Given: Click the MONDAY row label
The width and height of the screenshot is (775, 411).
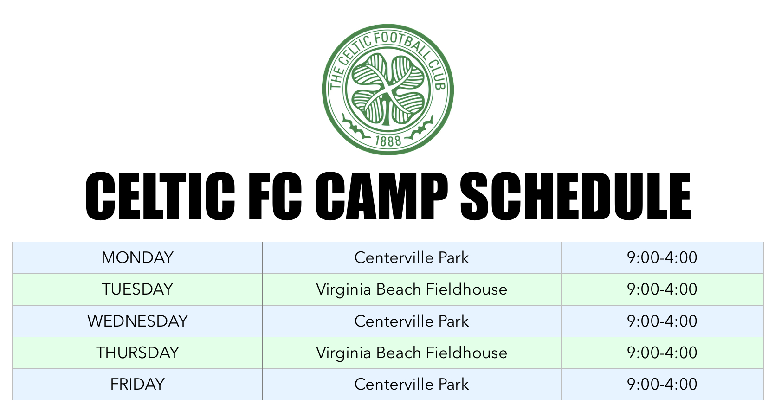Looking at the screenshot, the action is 137,258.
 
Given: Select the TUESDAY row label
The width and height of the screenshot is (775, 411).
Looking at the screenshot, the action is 137,289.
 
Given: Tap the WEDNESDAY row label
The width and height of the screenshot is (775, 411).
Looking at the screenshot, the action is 137,321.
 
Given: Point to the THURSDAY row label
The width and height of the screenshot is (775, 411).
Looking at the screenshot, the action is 137,353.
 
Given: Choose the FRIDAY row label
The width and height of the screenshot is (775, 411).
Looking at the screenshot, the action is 137,385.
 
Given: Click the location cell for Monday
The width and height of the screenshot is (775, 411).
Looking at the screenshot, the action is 411,258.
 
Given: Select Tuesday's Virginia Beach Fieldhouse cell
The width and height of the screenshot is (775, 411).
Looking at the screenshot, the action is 411,289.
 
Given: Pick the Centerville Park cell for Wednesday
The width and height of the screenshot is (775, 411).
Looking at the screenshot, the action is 411,321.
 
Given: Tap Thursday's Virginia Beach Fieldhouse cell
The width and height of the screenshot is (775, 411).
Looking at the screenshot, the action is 411,353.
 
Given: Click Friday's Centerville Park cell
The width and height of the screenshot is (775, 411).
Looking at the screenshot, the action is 411,385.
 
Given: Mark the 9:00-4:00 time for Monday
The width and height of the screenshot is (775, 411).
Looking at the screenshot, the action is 662,258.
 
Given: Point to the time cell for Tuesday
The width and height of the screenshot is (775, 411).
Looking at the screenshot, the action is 662,289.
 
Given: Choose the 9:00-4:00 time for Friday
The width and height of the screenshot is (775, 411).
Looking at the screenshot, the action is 662,385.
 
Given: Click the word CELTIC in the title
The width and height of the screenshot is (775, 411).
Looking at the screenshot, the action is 160,196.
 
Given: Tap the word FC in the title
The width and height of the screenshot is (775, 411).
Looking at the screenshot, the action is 275,196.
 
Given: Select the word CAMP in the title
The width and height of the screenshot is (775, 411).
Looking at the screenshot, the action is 381,196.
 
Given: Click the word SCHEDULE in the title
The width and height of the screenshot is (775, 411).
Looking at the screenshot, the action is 576,196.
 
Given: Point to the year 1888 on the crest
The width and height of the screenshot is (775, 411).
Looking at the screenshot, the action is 388,141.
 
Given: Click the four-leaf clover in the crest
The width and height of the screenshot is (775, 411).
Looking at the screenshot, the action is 388,90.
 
